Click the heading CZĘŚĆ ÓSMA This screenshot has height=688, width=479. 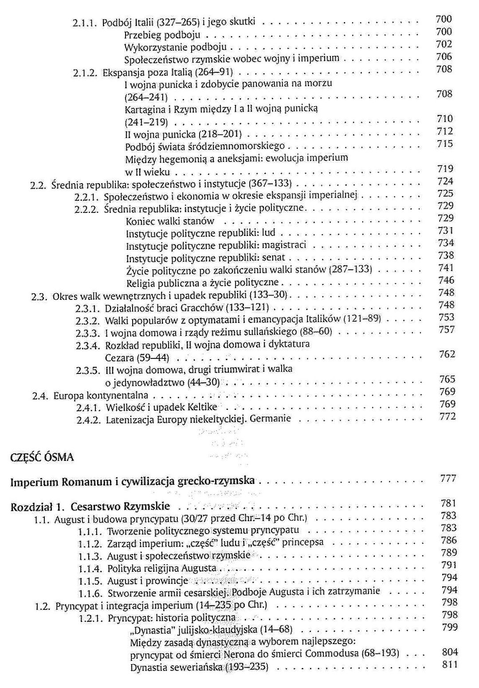point(42,457)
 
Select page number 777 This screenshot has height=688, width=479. point(448,479)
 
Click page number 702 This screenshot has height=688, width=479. point(444,44)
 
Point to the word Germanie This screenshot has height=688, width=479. point(271,418)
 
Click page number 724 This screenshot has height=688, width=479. point(444,181)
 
